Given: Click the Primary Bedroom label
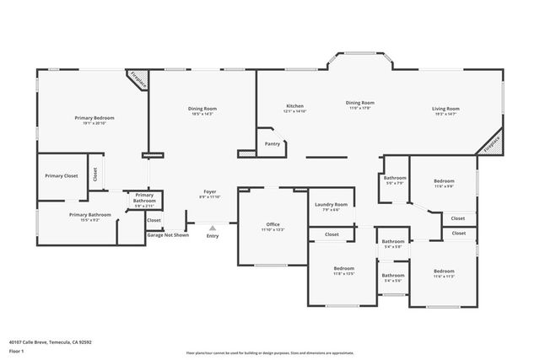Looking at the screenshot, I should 94,118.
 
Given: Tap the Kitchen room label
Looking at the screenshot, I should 294,105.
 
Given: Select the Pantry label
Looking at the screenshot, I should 272,144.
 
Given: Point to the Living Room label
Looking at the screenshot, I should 445,109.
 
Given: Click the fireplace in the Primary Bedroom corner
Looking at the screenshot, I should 138,80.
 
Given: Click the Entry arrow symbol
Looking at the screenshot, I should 211,227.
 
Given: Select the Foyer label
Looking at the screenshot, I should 210,192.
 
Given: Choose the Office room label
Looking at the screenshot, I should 273,224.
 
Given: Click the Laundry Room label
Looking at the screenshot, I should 331,205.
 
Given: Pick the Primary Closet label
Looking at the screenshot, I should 62,175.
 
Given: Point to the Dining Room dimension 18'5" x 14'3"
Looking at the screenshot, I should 202,113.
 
